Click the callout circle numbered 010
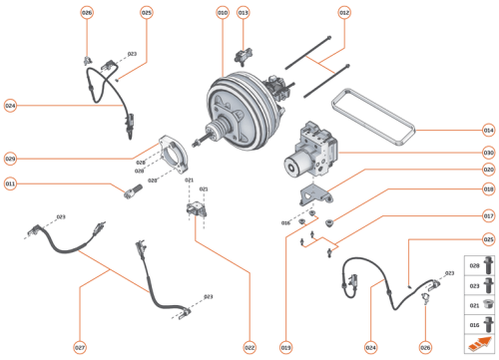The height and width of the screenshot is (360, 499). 222,13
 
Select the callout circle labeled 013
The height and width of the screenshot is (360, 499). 244,13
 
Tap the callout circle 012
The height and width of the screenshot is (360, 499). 344,13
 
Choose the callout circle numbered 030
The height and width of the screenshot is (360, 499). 488,153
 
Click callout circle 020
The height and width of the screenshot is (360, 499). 488,170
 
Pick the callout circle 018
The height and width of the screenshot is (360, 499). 488,188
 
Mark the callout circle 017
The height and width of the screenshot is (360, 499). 488,215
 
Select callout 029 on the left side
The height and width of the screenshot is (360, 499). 10,158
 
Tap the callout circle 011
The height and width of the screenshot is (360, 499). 10,182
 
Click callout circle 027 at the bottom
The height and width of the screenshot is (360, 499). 79,348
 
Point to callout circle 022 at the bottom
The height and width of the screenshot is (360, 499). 249,348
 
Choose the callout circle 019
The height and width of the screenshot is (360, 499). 284,348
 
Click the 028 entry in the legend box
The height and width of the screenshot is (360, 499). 475,268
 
